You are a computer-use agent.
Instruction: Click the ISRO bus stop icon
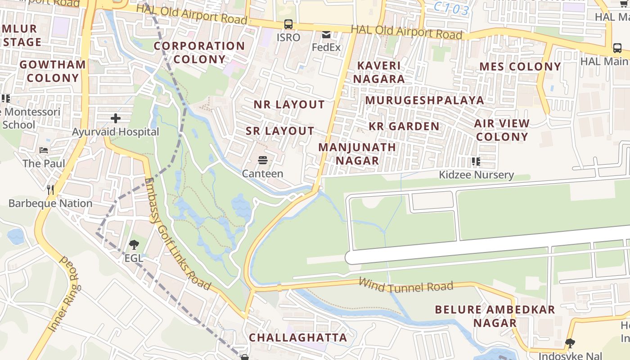tap(288, 24)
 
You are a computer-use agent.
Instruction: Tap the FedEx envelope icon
tap(326, 35)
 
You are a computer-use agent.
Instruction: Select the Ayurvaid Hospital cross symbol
tap(116, 118)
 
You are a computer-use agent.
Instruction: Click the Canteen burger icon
tap(263, 160)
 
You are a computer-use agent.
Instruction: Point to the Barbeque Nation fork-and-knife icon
tap(50, 190)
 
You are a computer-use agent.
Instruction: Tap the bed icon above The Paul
tap(44, 150)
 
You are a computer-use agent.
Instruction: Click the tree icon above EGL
tap(134, 245)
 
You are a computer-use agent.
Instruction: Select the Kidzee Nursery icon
tap(476, 161)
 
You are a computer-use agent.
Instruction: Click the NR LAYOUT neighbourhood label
tap(289, 104)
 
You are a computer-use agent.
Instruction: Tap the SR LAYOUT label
tap(280, 131)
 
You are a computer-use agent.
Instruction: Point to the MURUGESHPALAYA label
tap(424, 100)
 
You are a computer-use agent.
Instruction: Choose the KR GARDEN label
tap(404, 126)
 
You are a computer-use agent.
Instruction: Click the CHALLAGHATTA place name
tap(298, 337)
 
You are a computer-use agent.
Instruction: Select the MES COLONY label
tap(520, 67)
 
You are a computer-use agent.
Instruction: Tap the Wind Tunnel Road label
tap(405, 284)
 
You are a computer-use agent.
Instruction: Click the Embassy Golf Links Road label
tap(178, 234)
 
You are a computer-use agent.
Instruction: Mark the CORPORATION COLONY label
tap(199, 52)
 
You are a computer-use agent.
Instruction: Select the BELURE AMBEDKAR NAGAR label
tap(495, 316)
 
